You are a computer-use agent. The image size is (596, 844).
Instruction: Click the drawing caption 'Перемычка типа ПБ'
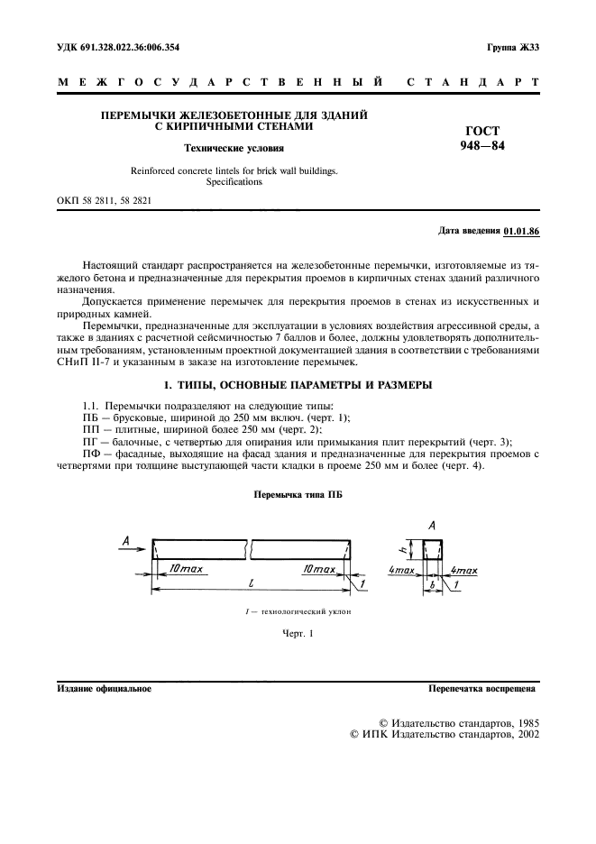pyautogui.click(x=298, y=495)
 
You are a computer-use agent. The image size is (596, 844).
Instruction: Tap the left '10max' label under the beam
pyautogui.click(x=186, y=570)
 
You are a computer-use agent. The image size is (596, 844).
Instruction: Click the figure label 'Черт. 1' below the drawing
pyautogui.click(x=298, y=633)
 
